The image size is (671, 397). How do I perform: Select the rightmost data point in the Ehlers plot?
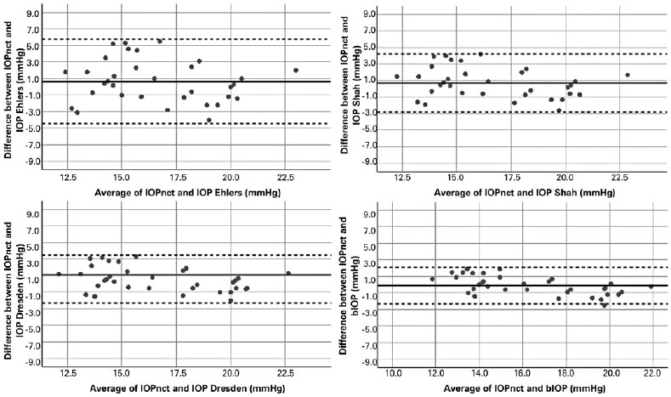coord(295,71)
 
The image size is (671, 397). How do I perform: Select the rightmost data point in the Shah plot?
coord(627,75)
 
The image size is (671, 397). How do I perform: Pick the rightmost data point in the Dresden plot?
coord(288,274)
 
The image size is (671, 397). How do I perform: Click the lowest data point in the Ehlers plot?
coord(209,121)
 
